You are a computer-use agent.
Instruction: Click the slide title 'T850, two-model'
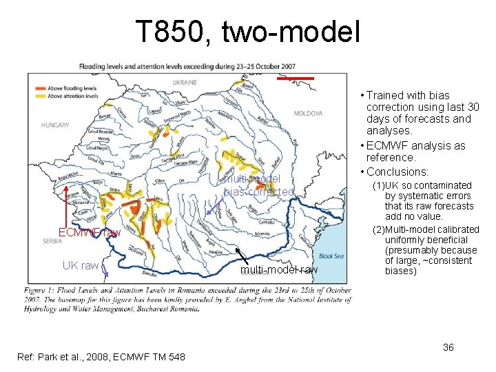click(x=247, y=32)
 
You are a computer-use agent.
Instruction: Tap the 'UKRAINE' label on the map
click(x=184, y=82)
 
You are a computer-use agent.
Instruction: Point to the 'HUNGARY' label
click(x=54, y=125)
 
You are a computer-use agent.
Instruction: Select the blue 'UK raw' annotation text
click(x=80, y=265)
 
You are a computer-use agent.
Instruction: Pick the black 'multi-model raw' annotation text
click(x=279, y=270)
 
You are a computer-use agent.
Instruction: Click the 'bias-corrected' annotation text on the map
click(x=258, y=192)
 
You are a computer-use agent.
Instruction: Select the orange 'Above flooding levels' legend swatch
click(x=39, y=88)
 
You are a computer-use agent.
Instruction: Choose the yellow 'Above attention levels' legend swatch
click(x=39, y=96)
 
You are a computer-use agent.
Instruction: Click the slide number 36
click(x=448, y=347)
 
